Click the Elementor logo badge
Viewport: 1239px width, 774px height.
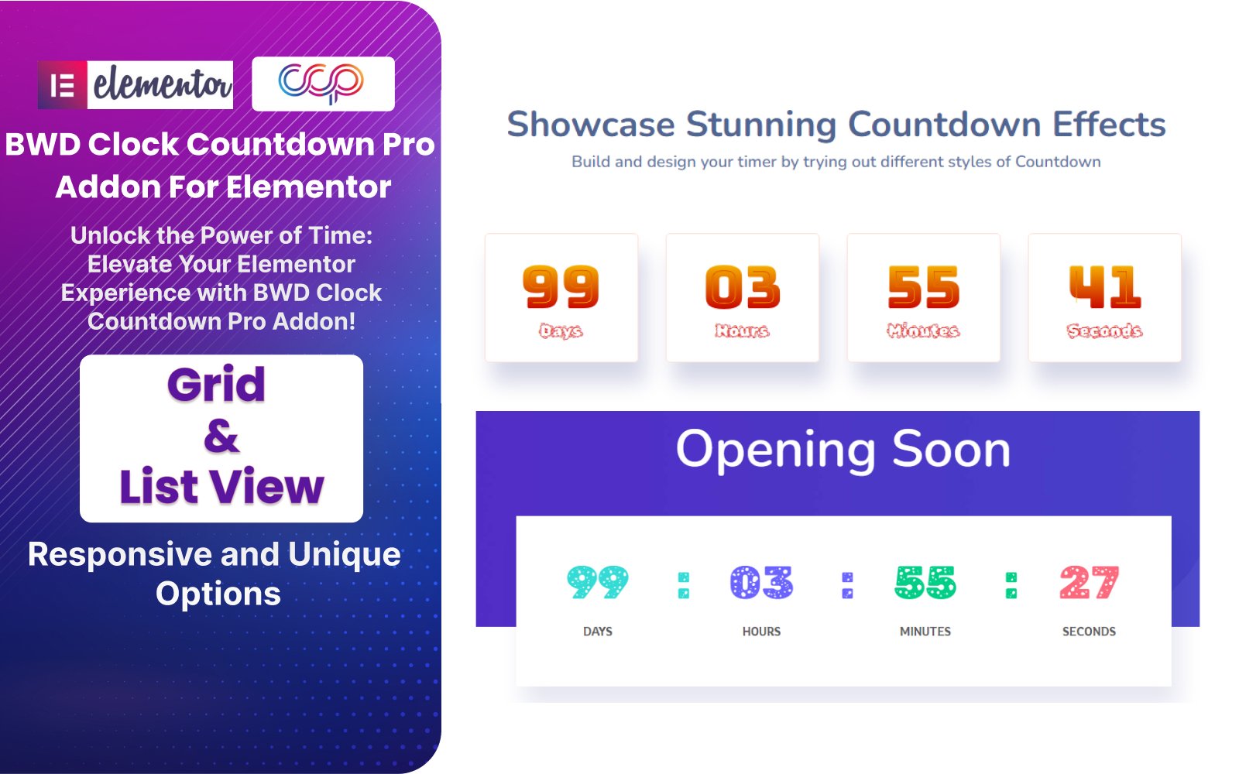[136, 84]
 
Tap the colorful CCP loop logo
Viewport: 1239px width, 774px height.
[321, 84]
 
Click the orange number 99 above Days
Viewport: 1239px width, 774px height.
[561, 286]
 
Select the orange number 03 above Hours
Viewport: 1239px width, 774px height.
[743, 286]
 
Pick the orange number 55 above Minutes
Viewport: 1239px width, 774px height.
[924, 286]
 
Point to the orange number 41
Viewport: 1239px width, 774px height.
[1104, 286]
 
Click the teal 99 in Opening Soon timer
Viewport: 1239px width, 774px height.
[597, 582]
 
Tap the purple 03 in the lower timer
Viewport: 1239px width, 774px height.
[761, 582]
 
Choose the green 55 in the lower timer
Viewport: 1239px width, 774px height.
[925, 582]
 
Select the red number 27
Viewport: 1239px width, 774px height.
[1089, 582]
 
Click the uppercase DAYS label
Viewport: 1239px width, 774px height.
[597, 632]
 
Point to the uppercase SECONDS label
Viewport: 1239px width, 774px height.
[1089, 632]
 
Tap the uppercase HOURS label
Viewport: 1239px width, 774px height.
[761, 632]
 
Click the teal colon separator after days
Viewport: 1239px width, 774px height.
[684, 585]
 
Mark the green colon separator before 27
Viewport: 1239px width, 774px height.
[1011, 585]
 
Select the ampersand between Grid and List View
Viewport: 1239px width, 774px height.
[221, 437]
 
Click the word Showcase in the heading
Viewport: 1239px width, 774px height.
[590, 124]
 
